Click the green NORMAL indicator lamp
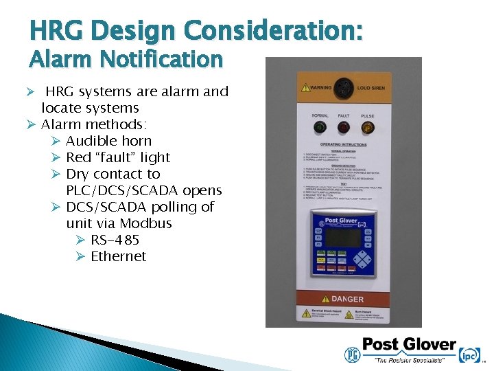pyautogui.click(x=319, y=128)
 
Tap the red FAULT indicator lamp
pyautogui.click(x=343, y=128)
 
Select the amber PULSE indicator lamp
pyautogui.click(x=367, y=128)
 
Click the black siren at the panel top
pyautogui.click(x=343, y=87)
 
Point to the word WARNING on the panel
pyautogui.click(x=320, y=88)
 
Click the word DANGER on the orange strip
pyautogui.click(x=347, y=299)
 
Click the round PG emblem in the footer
pyautogui.click(x=353, y=354)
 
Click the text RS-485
pyautogui.click(x=115, y=240)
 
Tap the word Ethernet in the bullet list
pyautogui.click(x=119, y=256)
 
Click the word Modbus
pyautogui.click(x=145, y=223)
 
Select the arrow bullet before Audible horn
pyautogui.click(x=56, y=141)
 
